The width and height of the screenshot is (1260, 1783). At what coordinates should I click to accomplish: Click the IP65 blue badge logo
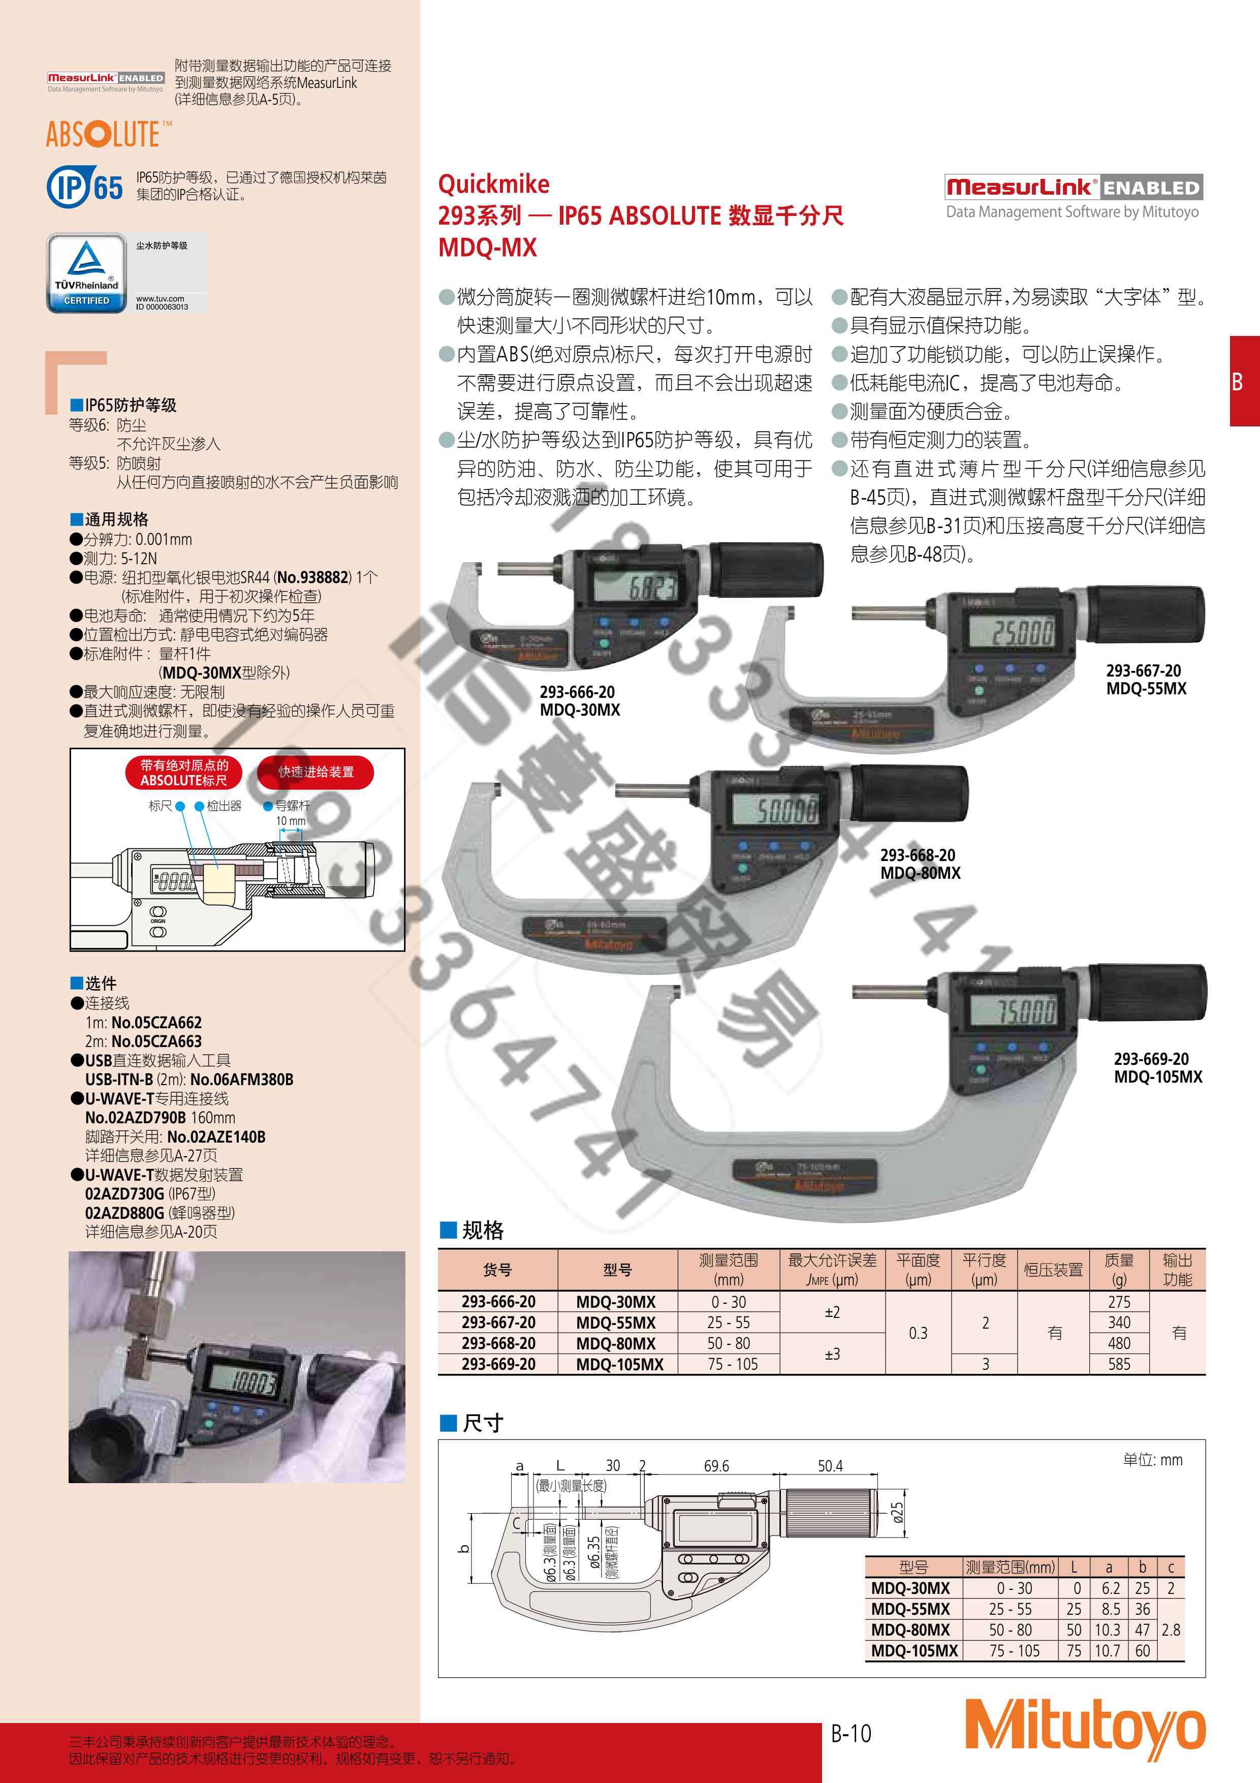[85, 187]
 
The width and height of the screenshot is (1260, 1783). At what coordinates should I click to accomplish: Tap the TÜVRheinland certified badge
[87, 273]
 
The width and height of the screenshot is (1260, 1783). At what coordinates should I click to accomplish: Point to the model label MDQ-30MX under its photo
[579, 710]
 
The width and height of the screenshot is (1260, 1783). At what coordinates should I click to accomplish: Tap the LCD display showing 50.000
[785, 811]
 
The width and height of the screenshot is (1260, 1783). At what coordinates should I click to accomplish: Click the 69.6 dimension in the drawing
[716, 1466]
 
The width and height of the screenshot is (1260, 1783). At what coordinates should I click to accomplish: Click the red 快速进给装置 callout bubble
[316, 772]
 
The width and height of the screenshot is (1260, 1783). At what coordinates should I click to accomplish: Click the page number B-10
[851, 1733]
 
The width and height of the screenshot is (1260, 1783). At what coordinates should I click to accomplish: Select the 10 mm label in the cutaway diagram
[290, 821]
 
